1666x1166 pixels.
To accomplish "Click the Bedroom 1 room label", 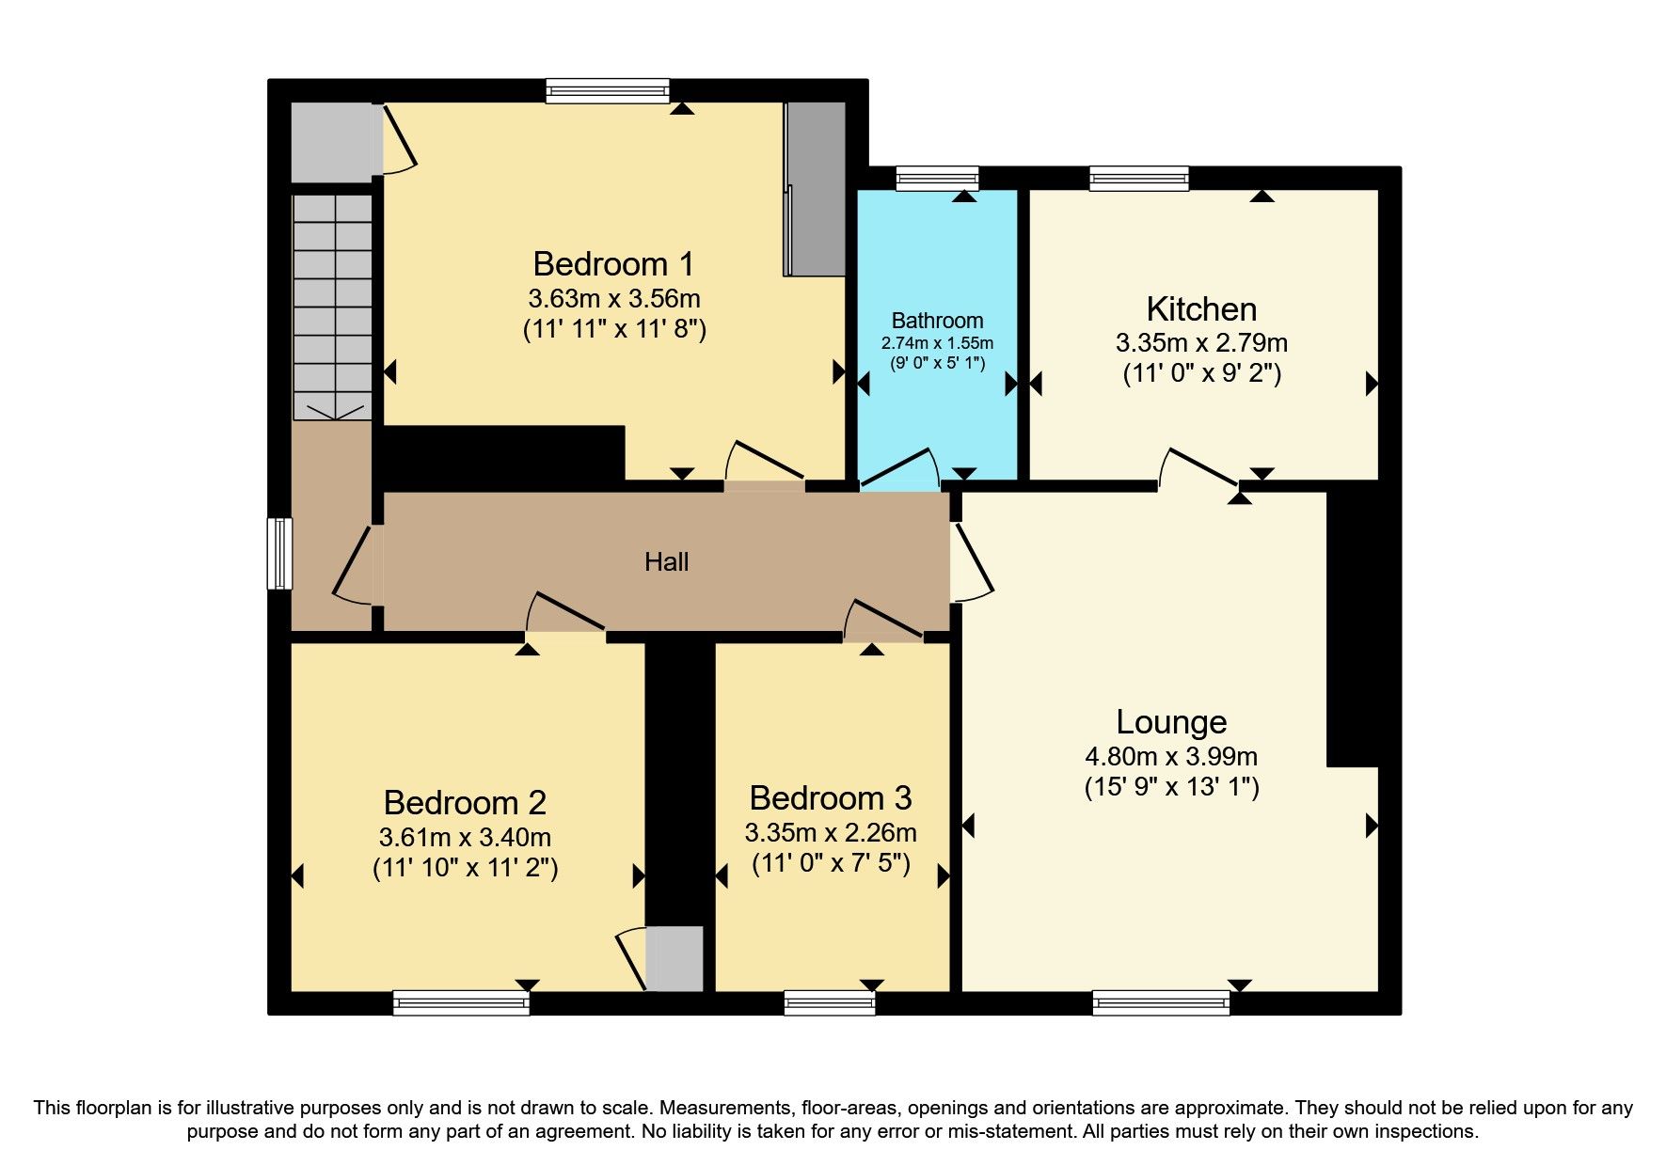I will pos(613,263).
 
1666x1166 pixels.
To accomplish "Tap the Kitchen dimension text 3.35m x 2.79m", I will pos(1201,343).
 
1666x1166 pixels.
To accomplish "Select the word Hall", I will pos(666,562).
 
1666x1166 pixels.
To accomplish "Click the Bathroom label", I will pos(937,321).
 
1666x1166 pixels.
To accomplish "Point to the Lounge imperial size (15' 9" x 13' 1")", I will pos(1171,787).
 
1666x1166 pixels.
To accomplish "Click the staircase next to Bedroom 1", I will pos(332,306).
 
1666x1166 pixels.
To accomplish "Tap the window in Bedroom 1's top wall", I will pos(608,91).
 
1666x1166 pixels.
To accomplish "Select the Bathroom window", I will pos(937,178).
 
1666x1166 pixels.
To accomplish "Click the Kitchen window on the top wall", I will pos(1139,178).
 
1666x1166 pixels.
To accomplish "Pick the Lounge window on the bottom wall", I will pos(1161,1003).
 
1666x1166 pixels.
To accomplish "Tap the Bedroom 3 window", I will pos(829,1003).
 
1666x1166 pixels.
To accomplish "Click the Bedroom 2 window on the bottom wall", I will pos(461,1003).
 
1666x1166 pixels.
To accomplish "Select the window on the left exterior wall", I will pos(279,554).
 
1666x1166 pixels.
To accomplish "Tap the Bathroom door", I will pos(901,469).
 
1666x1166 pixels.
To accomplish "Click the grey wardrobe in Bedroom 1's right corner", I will pos(816,188).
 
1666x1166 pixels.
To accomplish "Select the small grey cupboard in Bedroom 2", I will pos(674,958).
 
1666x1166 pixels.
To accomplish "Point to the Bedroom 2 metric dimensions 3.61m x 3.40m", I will pos(465,837).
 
